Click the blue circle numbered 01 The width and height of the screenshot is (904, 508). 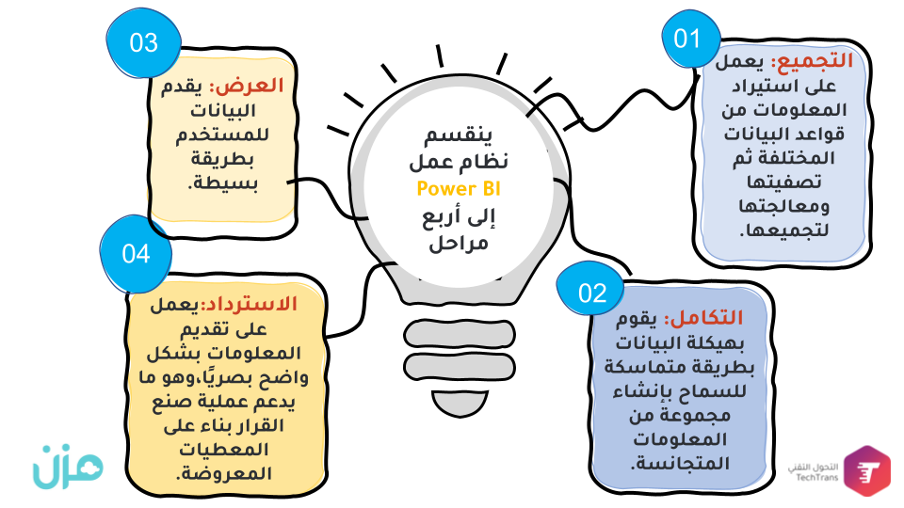pyautogui.click(x=690, y=39)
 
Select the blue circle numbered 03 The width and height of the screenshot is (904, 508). pyautogui.click(x=143, y=42)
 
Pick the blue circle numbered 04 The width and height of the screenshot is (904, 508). pyautogui.click(x=136, y=253)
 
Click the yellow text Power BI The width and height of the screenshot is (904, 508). pyautogui.click(x=459, y=189)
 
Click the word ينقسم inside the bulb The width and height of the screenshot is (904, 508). pyautogui.click(x=459, y=135)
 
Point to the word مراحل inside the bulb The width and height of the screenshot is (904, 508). pyautogui.click(x=459, y=243)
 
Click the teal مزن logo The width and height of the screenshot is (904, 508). pyautogui.click(x=68, y=467)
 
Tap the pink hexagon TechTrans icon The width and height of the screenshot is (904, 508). pyautogui.click(x=867, y=470)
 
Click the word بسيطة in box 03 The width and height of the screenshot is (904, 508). pyautogui.click(x=222, y=183)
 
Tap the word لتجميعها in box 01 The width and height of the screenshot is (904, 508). pyautogui.click(x=784, y=231)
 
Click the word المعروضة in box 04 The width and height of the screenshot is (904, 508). pyautogui.click(x=223, y=474)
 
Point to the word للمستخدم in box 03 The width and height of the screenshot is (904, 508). pyautogui.click(x=222, y=135)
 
